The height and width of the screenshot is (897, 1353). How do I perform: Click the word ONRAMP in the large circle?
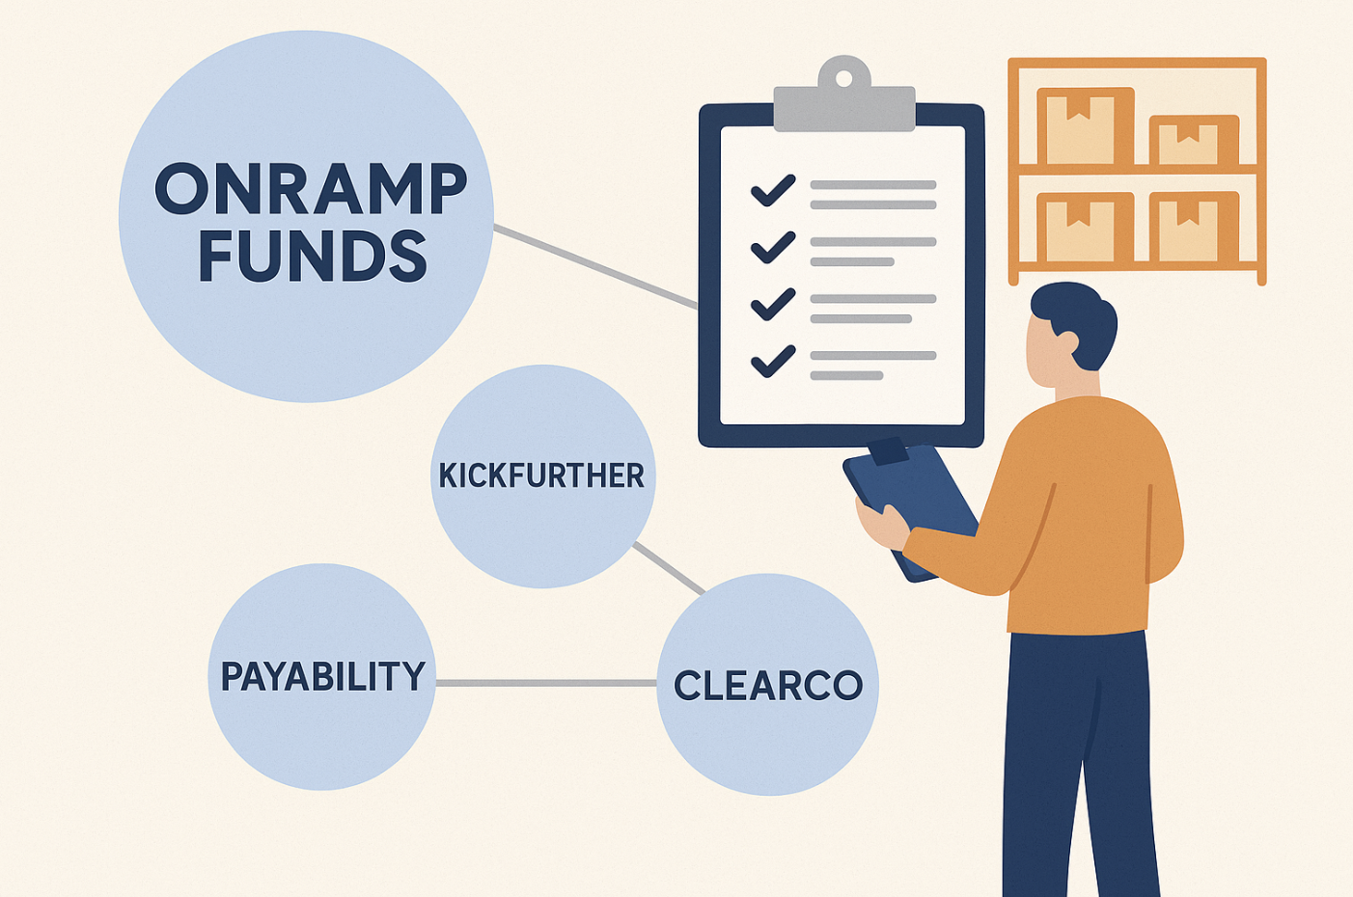point(311,188)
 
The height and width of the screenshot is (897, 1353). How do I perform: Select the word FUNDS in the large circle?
point(313,256)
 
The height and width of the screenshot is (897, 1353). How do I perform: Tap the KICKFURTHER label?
point(541,476)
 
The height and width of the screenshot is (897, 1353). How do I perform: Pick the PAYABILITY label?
point(323,675)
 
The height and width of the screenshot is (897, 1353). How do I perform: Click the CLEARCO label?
point(768,685)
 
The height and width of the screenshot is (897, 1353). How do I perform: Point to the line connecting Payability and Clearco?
point(546,683)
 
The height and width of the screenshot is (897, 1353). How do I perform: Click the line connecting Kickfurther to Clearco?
point(669,568)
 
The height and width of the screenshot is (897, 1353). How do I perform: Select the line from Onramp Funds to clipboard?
point(595,267)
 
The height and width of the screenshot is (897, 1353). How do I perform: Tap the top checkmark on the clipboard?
point(773,191)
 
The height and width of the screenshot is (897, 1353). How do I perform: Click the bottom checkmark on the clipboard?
point(773,361)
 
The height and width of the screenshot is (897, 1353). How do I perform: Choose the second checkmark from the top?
point(773,248)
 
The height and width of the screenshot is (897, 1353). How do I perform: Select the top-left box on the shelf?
point(1085,126)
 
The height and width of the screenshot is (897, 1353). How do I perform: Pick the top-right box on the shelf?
point(1194,140)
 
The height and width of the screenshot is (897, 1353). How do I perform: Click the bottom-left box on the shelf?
point(1085,227)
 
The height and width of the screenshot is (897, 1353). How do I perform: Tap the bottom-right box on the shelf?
point(1194,227)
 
